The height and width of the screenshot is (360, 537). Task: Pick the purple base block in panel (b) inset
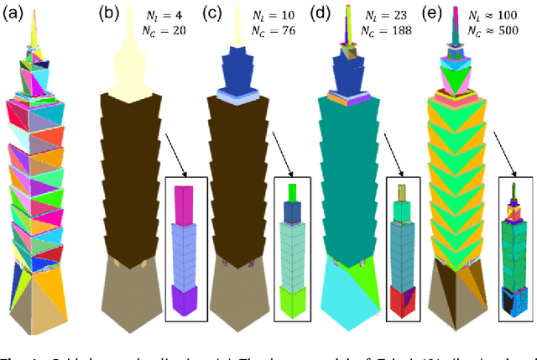[184, 299]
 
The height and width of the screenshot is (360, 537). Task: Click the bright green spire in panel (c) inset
[293, 194]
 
